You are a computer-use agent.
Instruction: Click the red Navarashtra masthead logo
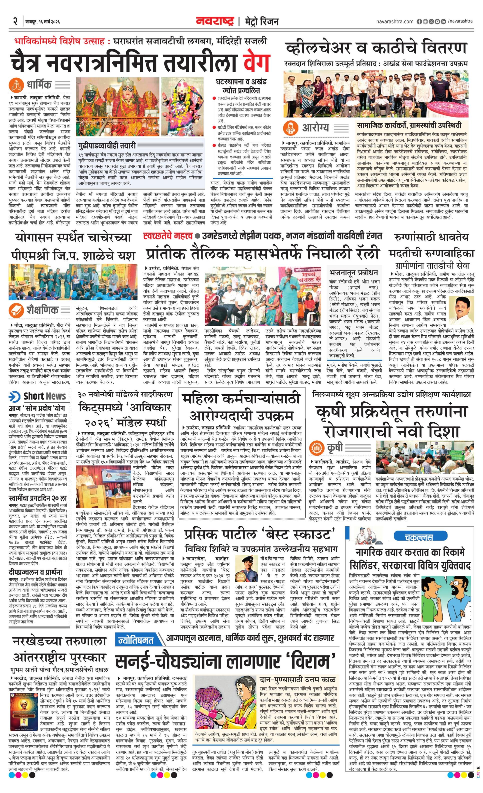pos(215,21)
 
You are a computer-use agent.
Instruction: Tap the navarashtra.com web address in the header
pos(394,21)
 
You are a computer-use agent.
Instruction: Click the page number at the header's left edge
pos(15,21)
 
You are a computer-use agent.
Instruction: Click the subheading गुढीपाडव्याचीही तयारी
pos(106,145)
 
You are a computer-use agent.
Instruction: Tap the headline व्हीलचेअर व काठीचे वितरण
pos(376,48)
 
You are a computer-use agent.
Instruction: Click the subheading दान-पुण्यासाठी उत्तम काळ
pos(297,671)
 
